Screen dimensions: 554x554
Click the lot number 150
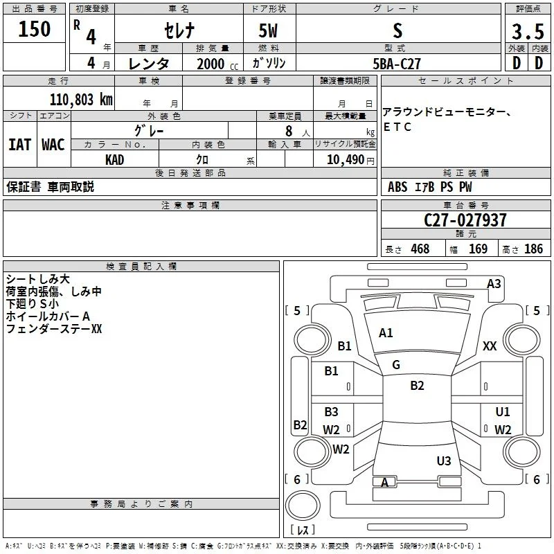[34, 28]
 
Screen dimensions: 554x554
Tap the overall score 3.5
[528, 31]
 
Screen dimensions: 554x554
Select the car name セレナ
[179, 30]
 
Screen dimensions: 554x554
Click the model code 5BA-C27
[397, 64]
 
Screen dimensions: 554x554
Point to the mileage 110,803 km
[81, 100]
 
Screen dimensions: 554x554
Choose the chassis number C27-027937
[465, 220]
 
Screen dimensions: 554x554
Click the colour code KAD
[114, 160]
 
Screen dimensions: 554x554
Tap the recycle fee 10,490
[346, 160]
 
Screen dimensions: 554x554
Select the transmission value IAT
[19, 145]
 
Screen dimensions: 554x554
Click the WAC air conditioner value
[53, 145]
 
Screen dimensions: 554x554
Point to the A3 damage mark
[494, 284]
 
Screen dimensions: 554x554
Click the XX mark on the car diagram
[490, 346]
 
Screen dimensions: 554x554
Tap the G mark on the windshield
[396, 365]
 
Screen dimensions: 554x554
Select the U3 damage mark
[444, 461]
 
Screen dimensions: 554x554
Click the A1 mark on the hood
[386, 333]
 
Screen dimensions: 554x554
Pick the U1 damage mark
[503, 411]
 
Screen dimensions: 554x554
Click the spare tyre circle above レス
[303, 506]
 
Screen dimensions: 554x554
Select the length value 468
[420, 249]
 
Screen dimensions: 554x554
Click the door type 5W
[268, 30]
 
